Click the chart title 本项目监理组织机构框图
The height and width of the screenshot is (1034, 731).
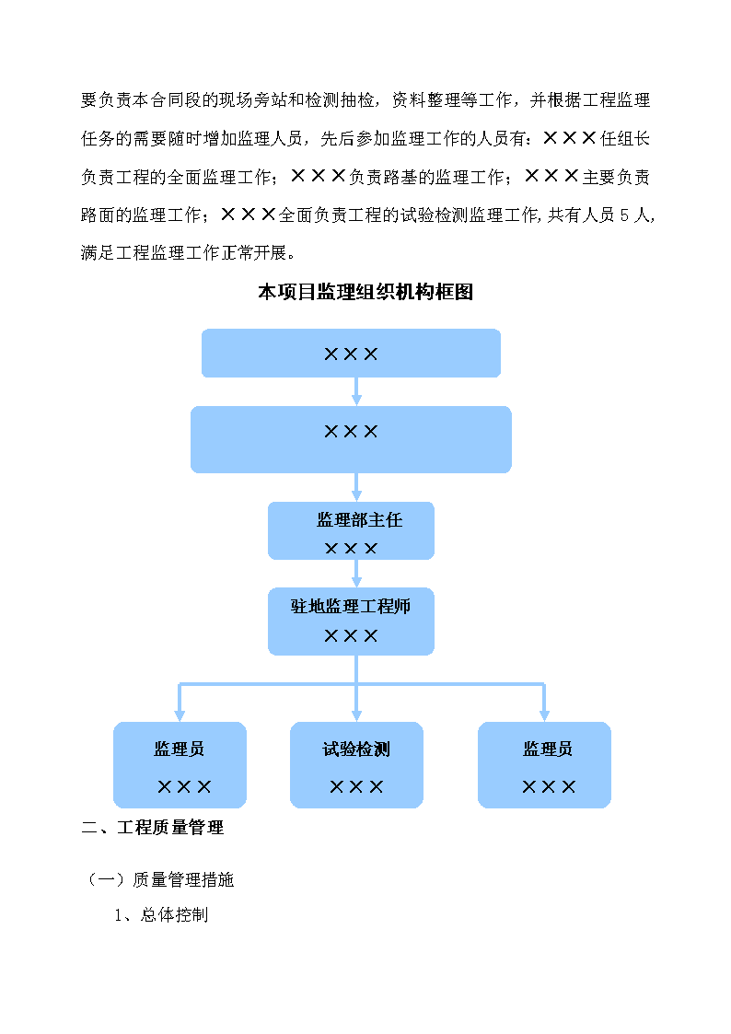point(365,292)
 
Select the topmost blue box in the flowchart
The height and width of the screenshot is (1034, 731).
point(351,353)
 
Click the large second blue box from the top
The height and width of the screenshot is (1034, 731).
point(351,439)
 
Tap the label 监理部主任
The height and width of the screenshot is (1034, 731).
point(359,519)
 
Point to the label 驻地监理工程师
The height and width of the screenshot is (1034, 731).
point(351,606)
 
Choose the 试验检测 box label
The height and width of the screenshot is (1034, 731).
point(356,749)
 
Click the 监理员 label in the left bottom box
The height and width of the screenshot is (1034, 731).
point(180,749)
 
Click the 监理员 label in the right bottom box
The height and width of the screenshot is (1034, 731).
point(548,749)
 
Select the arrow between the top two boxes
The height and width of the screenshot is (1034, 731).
point(356,391)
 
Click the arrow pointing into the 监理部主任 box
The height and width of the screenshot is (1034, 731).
point(356,487)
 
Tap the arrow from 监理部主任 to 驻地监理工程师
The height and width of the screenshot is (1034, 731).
point(356,574)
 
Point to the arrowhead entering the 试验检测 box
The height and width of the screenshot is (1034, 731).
point(356,716)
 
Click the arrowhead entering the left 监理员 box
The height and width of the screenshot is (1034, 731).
point(180,716)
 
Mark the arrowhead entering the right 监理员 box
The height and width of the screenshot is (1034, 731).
point(544,716)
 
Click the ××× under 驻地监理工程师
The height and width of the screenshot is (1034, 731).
point(351,635)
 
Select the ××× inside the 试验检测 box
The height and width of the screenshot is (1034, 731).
point(356,786)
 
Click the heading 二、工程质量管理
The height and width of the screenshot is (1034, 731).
point(152,827)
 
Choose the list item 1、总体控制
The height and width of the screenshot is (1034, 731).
point(161,914)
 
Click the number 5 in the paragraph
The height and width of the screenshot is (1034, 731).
point(624,215)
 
